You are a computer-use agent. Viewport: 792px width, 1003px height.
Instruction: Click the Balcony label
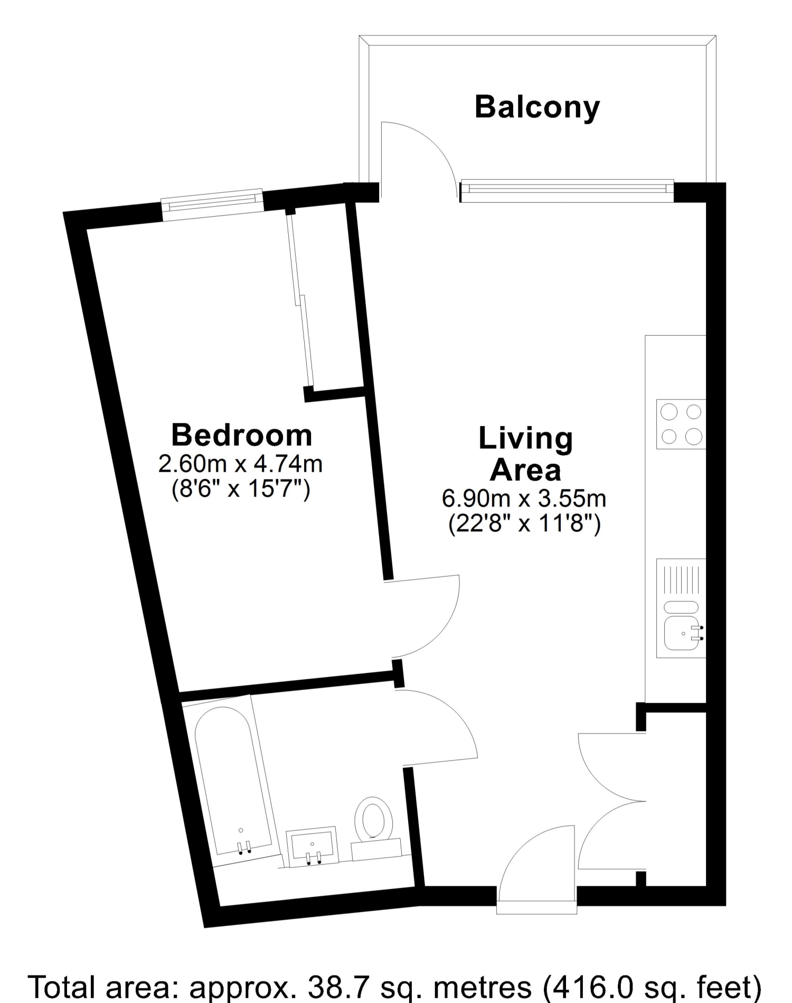click(x=537, y=108)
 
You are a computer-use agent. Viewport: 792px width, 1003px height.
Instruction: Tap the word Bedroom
click(x=242, y=435)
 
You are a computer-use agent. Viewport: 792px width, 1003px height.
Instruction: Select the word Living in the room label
click(x=525, y=439)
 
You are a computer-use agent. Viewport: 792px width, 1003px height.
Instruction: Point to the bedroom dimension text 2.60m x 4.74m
click(x=240, y=464)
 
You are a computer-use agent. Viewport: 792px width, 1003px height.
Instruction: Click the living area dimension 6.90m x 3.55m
click(x=524, y=498)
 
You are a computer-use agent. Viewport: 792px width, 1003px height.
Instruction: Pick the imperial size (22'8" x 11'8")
click(x=524, y=525)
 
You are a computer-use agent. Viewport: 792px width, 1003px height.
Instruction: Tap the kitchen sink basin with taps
click(x=683, y=633)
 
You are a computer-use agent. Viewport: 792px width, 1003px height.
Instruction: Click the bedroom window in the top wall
click(x=212, y=205)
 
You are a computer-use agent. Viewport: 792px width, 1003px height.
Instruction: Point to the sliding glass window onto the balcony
click(x=567, y=191)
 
